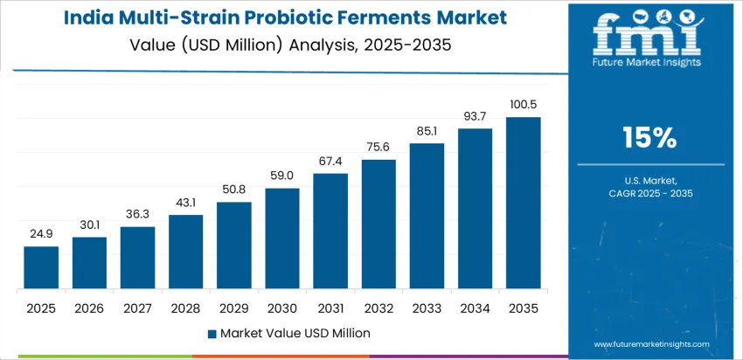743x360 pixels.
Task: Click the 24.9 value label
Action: point(41,235)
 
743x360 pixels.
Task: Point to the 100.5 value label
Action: point(524,106)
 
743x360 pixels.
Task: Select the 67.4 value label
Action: point(330,162)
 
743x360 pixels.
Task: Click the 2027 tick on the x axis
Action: point(137,308)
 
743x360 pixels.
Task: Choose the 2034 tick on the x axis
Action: point(476,308)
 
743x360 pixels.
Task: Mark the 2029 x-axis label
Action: point(234,308)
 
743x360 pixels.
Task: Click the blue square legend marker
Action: point(212,334)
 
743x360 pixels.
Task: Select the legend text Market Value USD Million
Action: point(295,334)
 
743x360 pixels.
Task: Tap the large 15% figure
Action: point(649,137)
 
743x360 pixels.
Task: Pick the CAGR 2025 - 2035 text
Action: point(649,192)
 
